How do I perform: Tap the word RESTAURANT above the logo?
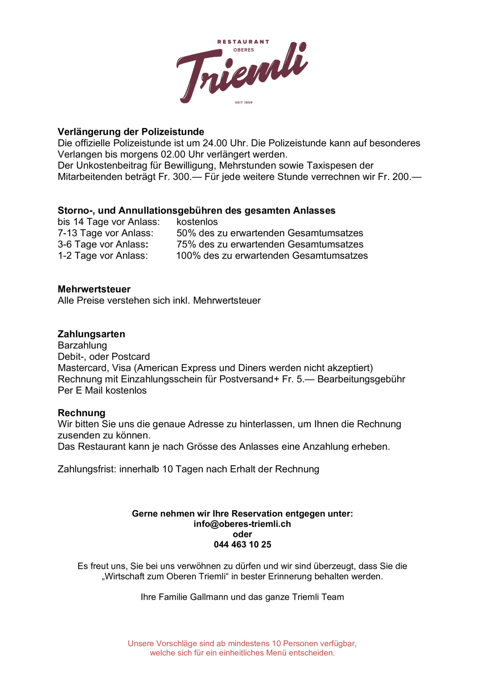243,42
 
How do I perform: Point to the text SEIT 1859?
243,102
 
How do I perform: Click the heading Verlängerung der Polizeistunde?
131,132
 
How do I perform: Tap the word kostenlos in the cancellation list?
197,222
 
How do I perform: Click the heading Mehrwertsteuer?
94,289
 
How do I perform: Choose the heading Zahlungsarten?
91,334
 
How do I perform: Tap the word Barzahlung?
83,345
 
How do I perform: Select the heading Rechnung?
81,413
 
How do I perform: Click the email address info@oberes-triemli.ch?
242,524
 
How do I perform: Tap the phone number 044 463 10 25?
242,545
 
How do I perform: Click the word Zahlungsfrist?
87,469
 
